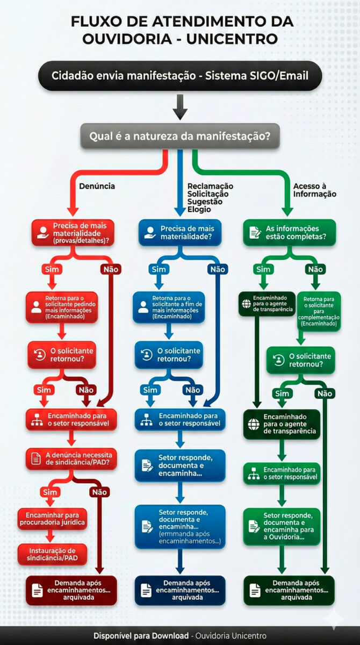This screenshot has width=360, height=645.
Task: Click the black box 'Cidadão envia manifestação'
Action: coord(180,76)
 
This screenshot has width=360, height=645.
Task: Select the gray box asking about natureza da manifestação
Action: coord(180,137)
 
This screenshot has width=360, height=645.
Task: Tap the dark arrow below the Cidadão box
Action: coord(180,107)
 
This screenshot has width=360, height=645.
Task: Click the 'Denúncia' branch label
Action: coord(97,187)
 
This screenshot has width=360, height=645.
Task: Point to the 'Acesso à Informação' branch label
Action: coord(315,190)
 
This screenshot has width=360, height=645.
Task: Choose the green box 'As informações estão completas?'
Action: coord(290,233)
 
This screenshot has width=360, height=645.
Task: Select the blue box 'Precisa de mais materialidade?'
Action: coord(180,233)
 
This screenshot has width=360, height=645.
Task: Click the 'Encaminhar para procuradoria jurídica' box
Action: coord(52,518)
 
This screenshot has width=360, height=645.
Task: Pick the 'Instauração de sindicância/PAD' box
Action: coord(52,555)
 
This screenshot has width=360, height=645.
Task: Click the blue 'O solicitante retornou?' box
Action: coord(169,355)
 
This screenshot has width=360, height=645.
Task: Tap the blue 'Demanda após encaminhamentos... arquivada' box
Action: coord(180,590)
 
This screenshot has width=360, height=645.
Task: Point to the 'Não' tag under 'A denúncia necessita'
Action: coord(99,492)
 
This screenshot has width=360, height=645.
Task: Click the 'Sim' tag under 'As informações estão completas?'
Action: coord(263,269)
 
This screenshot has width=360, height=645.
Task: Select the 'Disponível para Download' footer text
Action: coord(141,635)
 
